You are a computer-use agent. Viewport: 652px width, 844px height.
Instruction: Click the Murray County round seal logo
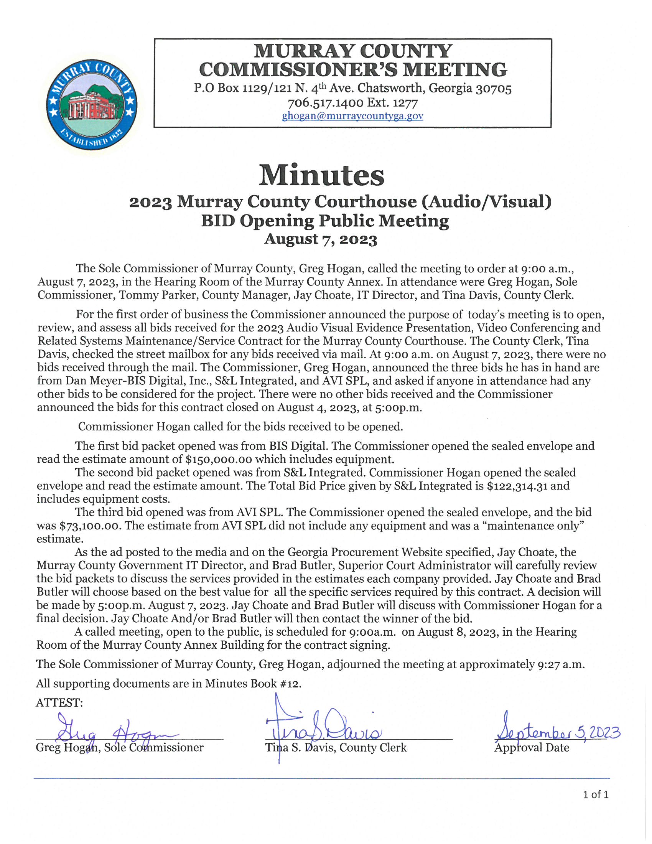pyautogui.click(x=92, y=104)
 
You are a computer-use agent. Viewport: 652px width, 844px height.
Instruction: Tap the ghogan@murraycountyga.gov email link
pyautogui.click(x=352, y=116)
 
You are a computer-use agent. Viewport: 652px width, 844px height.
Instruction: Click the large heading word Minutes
pyautogui.click(x=321, y=175)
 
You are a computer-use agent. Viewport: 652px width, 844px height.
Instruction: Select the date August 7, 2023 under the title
pyautogui.click(x=321, y=239)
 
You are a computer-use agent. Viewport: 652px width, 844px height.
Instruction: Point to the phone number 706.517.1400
pyautogui.click(x=325, y=103)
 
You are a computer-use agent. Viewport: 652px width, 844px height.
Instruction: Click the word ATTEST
pyautogui.click(x=59, y=702)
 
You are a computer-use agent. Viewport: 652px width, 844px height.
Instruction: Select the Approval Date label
pyautogui.click(x=532, y=748)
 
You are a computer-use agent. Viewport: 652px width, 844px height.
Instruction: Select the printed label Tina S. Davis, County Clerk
pyautogui.click(x=336, y=748)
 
